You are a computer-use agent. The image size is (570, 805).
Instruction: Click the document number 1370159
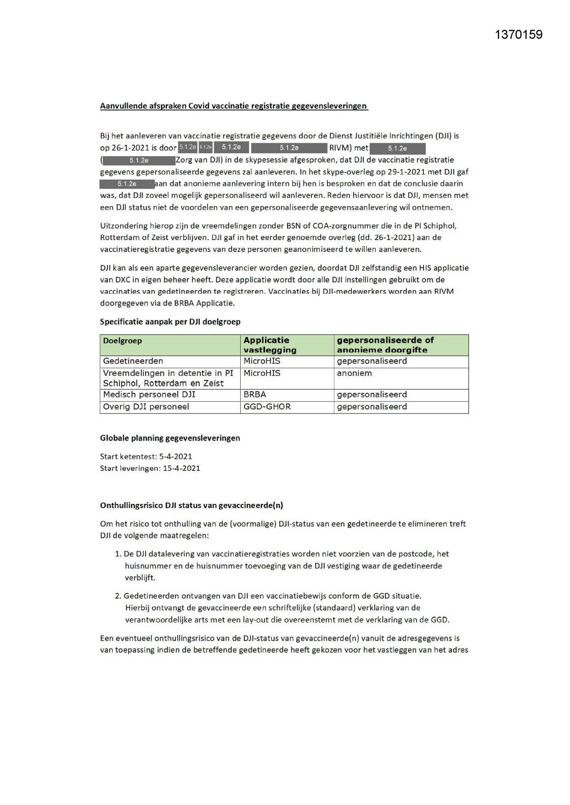[519, 35]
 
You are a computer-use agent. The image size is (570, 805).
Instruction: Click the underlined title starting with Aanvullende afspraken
[233, 106]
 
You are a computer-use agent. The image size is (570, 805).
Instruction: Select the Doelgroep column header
[122, 341]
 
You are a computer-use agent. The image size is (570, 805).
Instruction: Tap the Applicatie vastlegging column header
[270, 345]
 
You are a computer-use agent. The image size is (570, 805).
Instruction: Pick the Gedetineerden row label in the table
[133, 361]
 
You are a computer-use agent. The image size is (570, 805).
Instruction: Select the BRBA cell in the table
[254, 395]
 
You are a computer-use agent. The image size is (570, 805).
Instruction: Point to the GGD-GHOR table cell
[267, 407]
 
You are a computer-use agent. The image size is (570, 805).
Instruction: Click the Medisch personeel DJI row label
[149, 395]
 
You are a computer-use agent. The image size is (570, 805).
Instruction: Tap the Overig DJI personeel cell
[146, 407]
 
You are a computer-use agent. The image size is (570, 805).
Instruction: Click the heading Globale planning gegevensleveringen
[170, 438]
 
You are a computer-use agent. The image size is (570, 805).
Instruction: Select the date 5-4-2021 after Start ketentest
[175, 457]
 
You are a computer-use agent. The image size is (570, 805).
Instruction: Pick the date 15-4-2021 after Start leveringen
[181, 469]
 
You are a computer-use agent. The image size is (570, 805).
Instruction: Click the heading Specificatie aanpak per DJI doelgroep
[170, 322]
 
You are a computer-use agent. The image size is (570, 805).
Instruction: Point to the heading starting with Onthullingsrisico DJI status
[192, 506]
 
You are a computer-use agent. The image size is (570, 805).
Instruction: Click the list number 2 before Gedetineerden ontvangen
[118, 596]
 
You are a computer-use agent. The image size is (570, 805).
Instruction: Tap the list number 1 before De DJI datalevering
[118, 554]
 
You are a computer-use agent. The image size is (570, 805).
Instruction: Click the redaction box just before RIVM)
[289, 148]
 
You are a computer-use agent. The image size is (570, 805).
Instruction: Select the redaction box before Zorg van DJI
[139, 161]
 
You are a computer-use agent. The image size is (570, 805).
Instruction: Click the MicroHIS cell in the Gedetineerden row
[262, 361]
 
